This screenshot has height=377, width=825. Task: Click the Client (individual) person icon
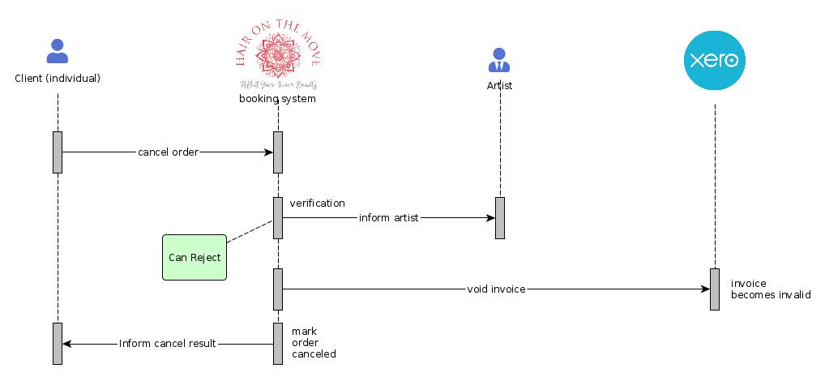pos(58,51)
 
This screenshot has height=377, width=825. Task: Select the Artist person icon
pos(499,59)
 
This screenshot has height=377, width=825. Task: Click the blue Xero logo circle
pos(714,60)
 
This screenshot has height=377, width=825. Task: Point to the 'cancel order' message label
pos(168,152)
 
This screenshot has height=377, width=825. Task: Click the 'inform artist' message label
pos(388,218)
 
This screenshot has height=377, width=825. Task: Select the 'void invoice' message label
pos(496,289)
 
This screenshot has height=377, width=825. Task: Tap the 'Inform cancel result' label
pos(168,344)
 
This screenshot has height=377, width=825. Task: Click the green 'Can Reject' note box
pos(194,257)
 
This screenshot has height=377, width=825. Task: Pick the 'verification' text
pos(317,203)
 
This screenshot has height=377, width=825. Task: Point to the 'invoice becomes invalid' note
pos(770,289)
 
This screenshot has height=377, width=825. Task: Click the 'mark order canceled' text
pos(314,342)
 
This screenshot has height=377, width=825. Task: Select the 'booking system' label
pos(277,99)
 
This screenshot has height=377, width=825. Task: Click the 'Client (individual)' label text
pos(58,79)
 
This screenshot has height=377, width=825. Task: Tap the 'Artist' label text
pos(499,85)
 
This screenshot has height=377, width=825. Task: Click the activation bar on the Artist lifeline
pos(500,217)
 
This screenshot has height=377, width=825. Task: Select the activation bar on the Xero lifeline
pos(715,289)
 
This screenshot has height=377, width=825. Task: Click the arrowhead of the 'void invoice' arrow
pos(704,289)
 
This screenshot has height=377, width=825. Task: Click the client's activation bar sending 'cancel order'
pos(58,152)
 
